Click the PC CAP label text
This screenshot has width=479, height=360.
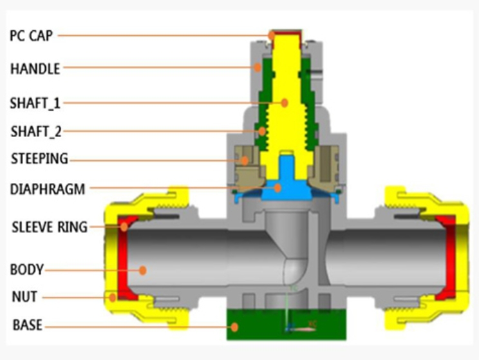31,35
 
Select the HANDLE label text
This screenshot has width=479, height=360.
35,68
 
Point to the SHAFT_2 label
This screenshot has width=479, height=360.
36,131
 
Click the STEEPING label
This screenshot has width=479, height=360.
39,159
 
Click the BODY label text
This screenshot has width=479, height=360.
27,269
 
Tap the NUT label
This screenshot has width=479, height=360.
24,297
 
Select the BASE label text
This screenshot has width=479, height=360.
27,325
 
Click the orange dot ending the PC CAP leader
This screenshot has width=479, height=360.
272,35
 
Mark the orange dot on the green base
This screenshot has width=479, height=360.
236,327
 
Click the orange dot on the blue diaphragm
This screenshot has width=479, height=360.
277,188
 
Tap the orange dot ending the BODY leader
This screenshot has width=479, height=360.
144,270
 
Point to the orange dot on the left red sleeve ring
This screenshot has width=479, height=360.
124,226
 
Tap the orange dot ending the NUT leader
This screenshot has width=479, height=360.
113,297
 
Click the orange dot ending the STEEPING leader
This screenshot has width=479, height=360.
245,159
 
